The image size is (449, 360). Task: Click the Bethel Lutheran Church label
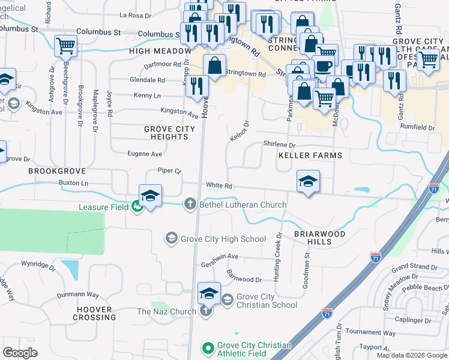[x=243, y=205]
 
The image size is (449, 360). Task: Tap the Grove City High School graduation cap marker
[x=171, y=239]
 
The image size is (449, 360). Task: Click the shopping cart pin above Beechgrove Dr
[x=65, y=46]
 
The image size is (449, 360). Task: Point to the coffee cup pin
[x=324, y=66]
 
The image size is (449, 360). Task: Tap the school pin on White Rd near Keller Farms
[x=308, y=181]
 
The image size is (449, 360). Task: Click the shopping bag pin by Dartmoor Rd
[x=215, y=65]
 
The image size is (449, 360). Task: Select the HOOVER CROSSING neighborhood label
[x=94, y=313]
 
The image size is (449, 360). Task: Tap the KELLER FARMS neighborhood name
[x=310, y=155]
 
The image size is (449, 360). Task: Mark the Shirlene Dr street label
[x=279, y=145]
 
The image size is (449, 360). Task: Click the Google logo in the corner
[x=20, y=352]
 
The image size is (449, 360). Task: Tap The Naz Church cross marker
[x=205, y=311]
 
